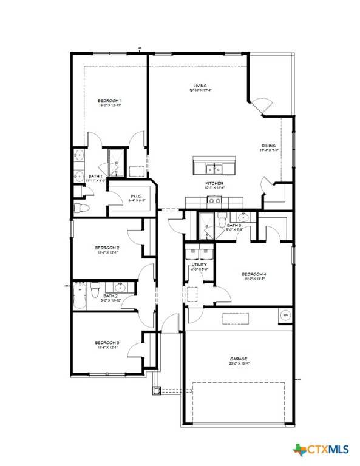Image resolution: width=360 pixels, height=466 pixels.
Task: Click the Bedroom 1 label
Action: pyautogui.click(x=110, y=100)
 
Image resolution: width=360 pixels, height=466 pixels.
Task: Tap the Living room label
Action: pyautogui.click(x=195, y=86)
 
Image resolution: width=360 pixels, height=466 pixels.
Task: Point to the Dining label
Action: pyautogui.click(x=269, y=146)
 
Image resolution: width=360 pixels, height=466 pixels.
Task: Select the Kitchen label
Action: pyautogui.click(x=214, y=183)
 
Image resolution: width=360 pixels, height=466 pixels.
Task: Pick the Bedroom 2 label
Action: pyautogui.click(x=107, y=248)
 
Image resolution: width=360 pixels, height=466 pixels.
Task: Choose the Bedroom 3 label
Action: pyautogui.click(x=107, y=343)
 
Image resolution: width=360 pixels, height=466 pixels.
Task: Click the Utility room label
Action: pyautogui.click(x=199, y=265)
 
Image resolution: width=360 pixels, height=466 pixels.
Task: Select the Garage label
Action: pyautogui.click(x=239, y=359)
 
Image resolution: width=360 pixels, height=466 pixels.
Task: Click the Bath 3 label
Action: pyautogui.click(x=234, y=225)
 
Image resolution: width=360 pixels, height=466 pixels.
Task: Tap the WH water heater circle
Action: pyautogui.click(x=285, y=315)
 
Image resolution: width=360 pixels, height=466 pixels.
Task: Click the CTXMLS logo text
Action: pyautogui.click(x=328, y=450)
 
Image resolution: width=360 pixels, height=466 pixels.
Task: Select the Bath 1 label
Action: pyautogui.click(x=78, y=176)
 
